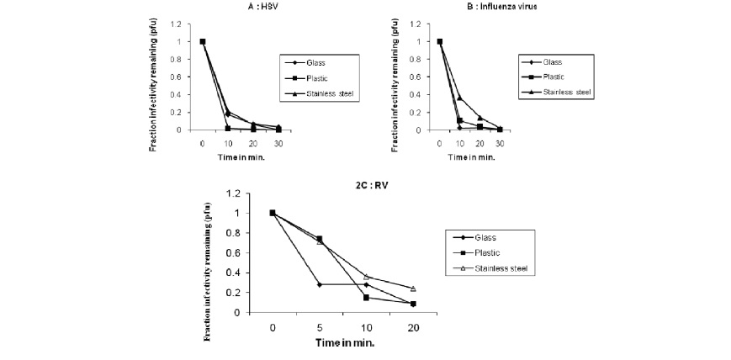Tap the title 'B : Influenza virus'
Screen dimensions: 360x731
click(466, 9)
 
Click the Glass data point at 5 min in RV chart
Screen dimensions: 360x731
click(320, 284)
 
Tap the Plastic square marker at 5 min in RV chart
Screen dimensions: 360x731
click(320, 238)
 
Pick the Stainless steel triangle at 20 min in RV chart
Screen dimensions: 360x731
click(414, 289)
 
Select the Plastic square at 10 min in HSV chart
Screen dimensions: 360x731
click(229, 128)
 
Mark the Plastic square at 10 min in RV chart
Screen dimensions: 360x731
click(367, 297)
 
